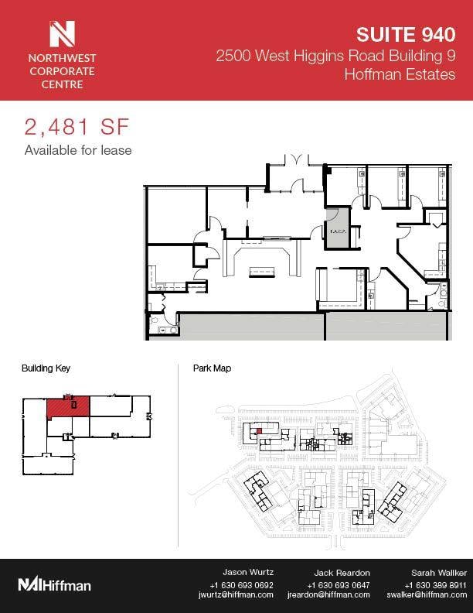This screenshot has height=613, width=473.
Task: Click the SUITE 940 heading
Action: coord(406,34)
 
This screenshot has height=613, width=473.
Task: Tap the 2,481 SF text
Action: coord(75,126)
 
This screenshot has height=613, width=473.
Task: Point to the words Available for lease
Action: coord(78,150)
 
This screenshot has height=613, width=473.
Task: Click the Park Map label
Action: coord(212,369)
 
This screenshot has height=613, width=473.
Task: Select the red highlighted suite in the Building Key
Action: coord(68,407)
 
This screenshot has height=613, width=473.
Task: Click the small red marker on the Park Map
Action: coord(260,430)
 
